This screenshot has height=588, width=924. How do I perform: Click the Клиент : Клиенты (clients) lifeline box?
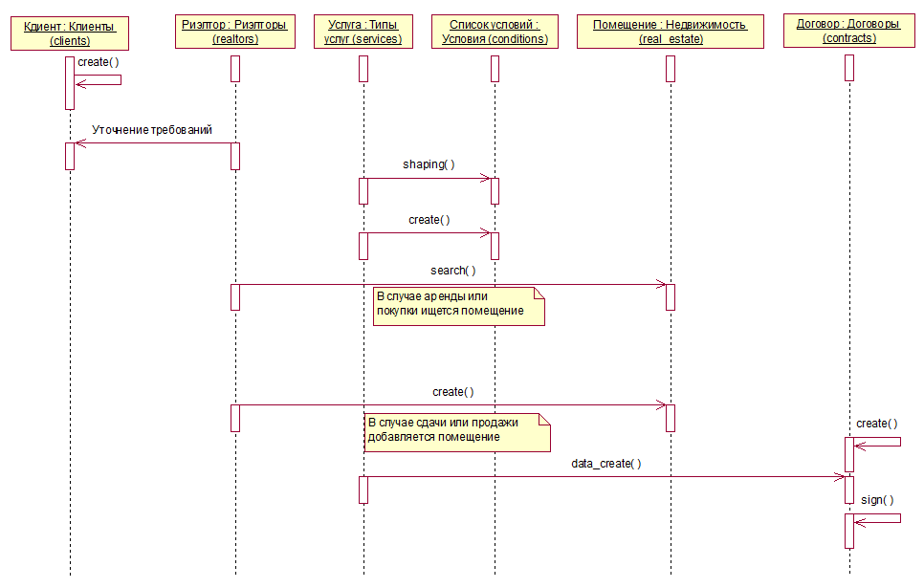pyautogui.click(x=70, y=33)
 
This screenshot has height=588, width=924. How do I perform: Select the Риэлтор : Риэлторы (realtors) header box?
pyautogui.click(x=235, y=32)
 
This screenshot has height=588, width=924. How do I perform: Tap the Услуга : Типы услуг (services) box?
pyautogui.click(x=363, y=32)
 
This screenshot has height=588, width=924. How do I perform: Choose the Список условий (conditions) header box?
pyautogui.click(x=495, y=32)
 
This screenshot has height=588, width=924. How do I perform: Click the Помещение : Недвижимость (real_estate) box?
pyautogui.click(x=670, y=32)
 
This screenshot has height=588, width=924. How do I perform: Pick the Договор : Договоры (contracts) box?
pyautogui.click(x=849, y=31)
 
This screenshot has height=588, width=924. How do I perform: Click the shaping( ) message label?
pyautogui.click(x=429, y=164)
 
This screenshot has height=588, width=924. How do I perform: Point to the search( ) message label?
pyautogui.click(x=452, y=271)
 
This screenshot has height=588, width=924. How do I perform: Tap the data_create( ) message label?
pyautogui.click(x=605, y=464)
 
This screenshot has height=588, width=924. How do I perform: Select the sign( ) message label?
pyautogui.click(x=877, y=500)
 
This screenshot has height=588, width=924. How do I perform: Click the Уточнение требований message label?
pyautogui.click(x=152, y=130)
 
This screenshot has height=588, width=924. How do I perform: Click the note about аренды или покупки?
pyautogui.click(x=459, y=306)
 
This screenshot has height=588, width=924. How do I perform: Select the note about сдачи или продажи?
pyautogui.click(x=457, y=432)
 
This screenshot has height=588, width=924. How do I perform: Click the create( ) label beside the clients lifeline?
pyautogui.click(x=99, y=62)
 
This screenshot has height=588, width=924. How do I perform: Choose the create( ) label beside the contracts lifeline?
pyautogui.click(x=877, y=424)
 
